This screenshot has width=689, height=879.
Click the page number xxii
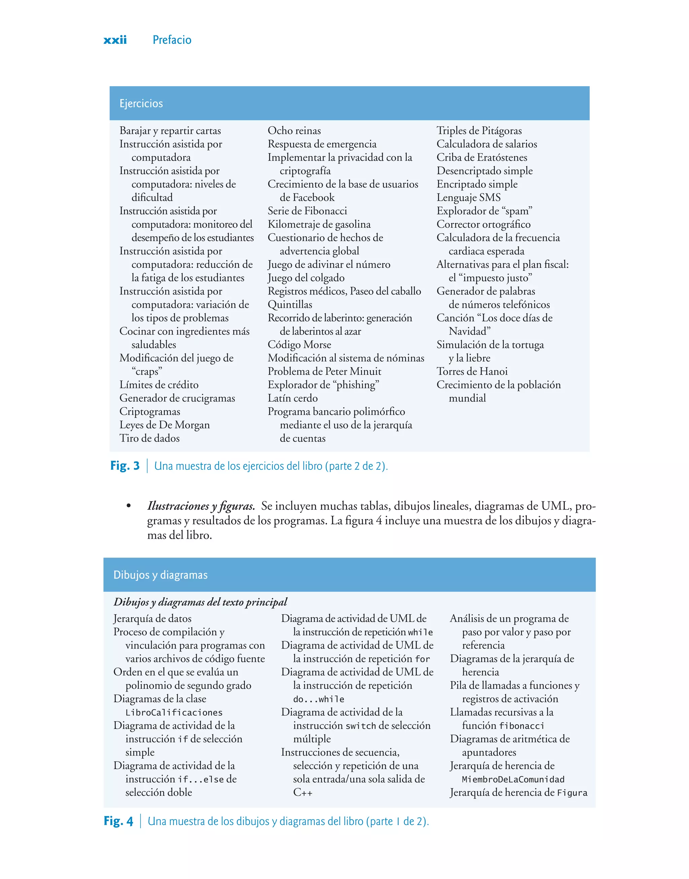point(115,40)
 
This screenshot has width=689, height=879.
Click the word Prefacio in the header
point(172,40)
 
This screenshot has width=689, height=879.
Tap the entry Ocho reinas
point(294,131)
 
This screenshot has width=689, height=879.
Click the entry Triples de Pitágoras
point(479,131)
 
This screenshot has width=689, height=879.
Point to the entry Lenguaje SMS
point(468,198)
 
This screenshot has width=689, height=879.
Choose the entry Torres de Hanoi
point(472,372)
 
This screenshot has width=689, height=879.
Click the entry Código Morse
point(299,345)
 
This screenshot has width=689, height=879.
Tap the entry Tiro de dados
point(149,438)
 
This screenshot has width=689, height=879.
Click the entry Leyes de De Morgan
point(164,425)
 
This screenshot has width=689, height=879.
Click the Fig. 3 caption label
point(125,466)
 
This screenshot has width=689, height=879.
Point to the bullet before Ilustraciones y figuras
point(129,506)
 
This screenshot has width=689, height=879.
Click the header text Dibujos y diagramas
point(160,575)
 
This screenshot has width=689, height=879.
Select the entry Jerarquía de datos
point(152,619)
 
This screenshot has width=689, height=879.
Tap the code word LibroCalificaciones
point(174,713)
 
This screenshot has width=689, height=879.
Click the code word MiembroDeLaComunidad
point(513,780)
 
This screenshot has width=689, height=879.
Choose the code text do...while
point(319,700)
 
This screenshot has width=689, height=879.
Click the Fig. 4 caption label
point(118,821)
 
